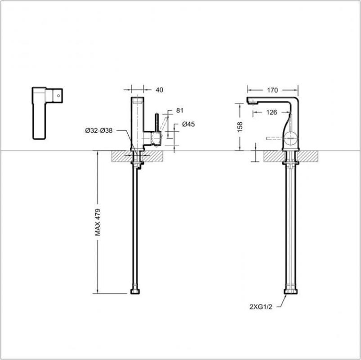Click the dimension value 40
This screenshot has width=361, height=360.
tap(159, 90)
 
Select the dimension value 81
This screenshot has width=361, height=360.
tap(180, 110)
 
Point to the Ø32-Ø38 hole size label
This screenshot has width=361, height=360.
tap(98, 130)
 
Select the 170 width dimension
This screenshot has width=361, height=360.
tap(272, 90)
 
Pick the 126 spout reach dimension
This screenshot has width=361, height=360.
tap(271, 113)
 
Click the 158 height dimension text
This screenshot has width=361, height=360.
tap(240, 128)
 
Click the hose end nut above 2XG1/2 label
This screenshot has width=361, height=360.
tap(291, 292)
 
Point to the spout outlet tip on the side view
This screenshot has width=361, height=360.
tap(252, 103)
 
